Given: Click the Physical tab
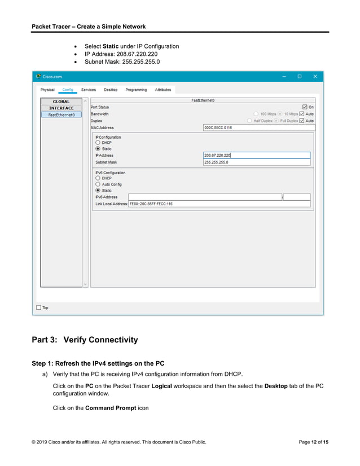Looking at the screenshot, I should (x=47, y=90).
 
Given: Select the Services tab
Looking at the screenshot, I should (x=89, y=90).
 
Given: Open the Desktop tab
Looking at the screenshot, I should (x=111, y=90).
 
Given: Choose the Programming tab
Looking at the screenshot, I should (x=136, y=90).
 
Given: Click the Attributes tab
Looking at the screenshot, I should (x=163, y=90).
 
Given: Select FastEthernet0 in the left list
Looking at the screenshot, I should (x=61, y=115).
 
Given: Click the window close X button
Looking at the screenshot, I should (x=315, y=76).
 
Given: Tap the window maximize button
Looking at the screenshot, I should (x=300, y=76).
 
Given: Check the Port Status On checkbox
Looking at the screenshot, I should (x=305, y=107).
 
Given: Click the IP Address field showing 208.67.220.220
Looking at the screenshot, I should (x=256, y=155).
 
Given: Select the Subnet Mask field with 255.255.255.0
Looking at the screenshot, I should (x=256, y=162).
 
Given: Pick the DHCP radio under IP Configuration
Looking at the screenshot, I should (x=98, y=143).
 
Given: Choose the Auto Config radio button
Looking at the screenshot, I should (x=98, y=184).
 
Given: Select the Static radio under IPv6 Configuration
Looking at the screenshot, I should (x=98, y=191).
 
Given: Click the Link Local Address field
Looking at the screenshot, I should (x=220, y=204).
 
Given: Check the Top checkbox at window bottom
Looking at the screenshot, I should (x=39, y=307).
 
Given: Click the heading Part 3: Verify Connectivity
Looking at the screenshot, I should (x=85, y=340).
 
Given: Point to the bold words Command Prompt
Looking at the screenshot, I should (x=111, y=408).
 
